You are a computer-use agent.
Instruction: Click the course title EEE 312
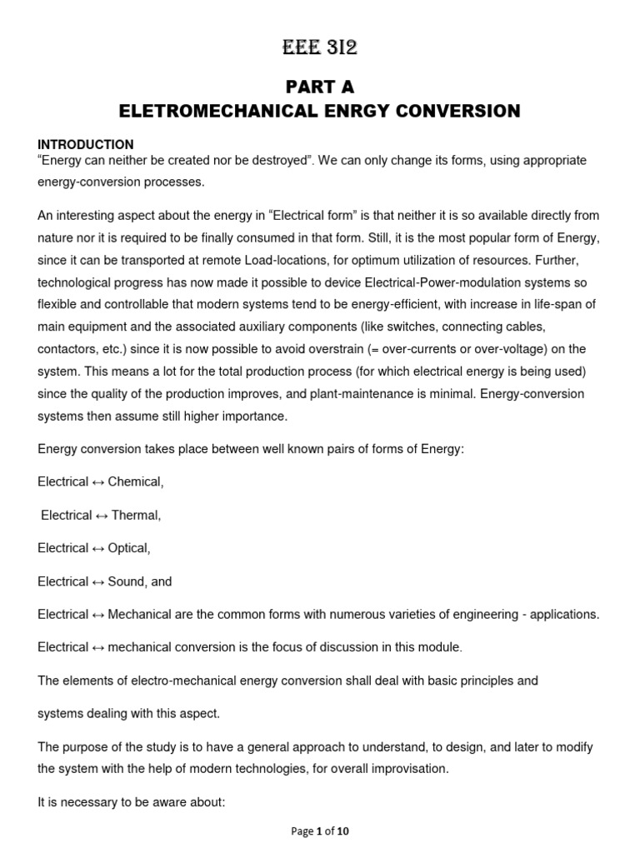[320, 49]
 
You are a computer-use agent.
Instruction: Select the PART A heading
[320, 87]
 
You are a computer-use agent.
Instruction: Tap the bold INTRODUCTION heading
[86, 144]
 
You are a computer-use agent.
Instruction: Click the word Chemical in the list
[136, 482]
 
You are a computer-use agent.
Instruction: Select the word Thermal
[136, 516]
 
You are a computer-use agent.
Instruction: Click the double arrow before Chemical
[98, 482]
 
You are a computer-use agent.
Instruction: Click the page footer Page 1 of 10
[320, 831]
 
